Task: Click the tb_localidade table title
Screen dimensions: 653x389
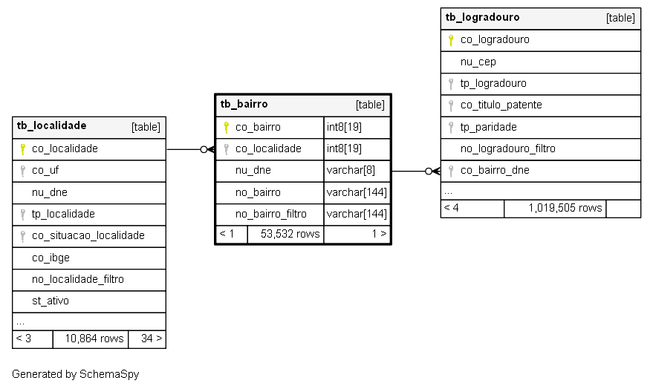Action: (x=52, y=125)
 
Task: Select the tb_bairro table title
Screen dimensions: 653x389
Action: (x=244, y=104)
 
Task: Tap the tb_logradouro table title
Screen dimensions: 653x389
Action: (x=482, y=18)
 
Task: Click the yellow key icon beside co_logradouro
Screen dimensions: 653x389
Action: (x=451, y=40)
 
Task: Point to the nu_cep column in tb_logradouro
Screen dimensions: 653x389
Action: (x=478, y=62)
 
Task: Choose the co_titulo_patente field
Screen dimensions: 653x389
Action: (x=501, y=105)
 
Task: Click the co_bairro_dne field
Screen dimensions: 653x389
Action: (x=495, y=170)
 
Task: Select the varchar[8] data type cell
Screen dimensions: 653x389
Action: (x=351, y=170)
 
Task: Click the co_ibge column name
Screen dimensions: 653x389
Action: (x=51, y=258)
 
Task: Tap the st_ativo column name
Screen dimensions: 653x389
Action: (x=51, y=301)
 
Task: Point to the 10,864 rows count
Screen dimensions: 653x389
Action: (x=94, y=339)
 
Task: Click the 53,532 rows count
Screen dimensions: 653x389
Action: (x=290, y=234)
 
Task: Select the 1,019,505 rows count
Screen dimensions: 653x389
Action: (x=565, y=208)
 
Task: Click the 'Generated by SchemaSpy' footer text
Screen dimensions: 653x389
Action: (x=75, y=374)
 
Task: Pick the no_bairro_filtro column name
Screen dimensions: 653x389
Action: (x=271, y=214)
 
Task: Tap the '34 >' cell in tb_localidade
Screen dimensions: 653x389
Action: (x=152, y=339)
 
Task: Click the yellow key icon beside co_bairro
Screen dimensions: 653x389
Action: (x=226, y=127)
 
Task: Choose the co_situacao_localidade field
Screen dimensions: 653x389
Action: (x=88, y=235)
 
